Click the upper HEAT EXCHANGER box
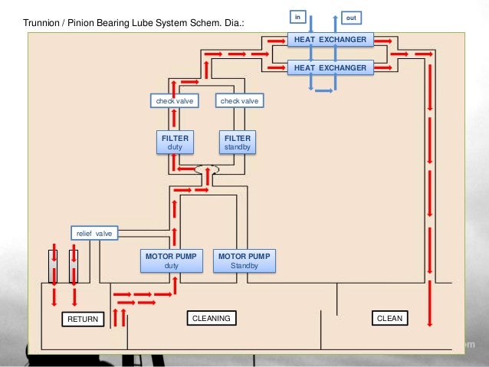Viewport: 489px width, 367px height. pos(330,39)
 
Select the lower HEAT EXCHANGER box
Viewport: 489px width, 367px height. pos(330,68)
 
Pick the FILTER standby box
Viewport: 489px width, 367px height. pos(237,142)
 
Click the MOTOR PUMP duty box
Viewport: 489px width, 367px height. pos(171,261)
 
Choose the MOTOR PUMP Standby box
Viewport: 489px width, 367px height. pos(244,261)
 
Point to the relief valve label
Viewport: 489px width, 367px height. pos(94,233)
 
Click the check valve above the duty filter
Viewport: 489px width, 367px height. pos(173,100)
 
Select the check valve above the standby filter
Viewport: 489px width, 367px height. pos(239,100)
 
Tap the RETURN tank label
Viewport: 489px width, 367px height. pos(83,319)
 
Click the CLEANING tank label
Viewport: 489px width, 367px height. pos(211,317)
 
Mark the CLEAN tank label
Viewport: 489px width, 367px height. pos(389,317)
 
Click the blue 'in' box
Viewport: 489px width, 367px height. pos(299,17)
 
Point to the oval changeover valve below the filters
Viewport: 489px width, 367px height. pos(207,169)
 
